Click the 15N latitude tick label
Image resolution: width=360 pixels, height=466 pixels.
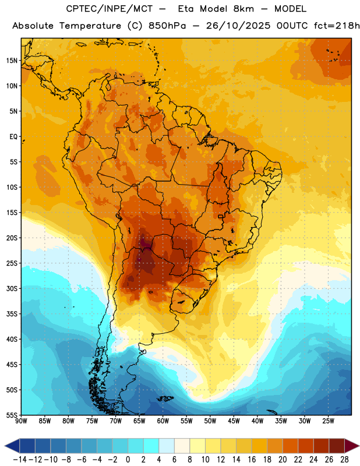[x=12, y=61]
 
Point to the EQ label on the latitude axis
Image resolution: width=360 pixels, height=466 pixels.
[x=13, y=137]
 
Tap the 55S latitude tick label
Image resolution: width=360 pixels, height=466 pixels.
[x=12, y=415]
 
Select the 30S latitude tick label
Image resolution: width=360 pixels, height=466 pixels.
[x=12, y=288]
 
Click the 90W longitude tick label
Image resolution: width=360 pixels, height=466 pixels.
[x=21, y=421]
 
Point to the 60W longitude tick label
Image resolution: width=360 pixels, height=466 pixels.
[x=163, y=421]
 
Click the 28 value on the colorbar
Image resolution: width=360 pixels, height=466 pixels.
[x=344, y=460]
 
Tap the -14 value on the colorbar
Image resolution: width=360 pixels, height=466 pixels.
[x=20, y=460]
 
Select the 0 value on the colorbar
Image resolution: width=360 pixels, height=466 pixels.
[x=128, y=460]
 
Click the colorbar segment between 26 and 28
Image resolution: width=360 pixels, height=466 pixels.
[x=337, y=446]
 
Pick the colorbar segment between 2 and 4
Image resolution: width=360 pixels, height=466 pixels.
[x=151, y=446]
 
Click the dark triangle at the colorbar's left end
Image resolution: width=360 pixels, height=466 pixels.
[x=12, y=446]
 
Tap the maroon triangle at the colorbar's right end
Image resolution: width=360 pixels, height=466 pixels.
[x=352, y=446]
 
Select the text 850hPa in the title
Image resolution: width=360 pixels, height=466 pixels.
[x=167, y=26]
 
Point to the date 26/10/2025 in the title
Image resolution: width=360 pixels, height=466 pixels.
[x=238, y=26]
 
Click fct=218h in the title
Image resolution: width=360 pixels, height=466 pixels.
[x=337, y=26]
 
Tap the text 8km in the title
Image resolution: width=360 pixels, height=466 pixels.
[x=243, y=9]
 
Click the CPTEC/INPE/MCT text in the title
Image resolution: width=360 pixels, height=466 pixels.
[x=110, y=9]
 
